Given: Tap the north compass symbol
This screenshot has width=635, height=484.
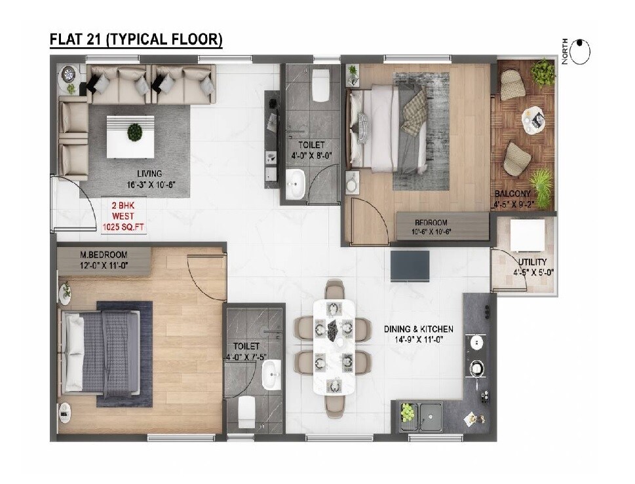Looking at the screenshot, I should pyautogui.click(x=580, y=52).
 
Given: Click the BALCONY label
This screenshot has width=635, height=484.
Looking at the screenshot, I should pyautogui.click(x=512, y=195).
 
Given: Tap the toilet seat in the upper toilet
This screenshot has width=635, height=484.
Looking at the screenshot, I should pyautogui.click(x=320, y=88).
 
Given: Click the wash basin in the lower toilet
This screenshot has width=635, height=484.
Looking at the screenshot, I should pyautogui.click(x=270, y=375).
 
